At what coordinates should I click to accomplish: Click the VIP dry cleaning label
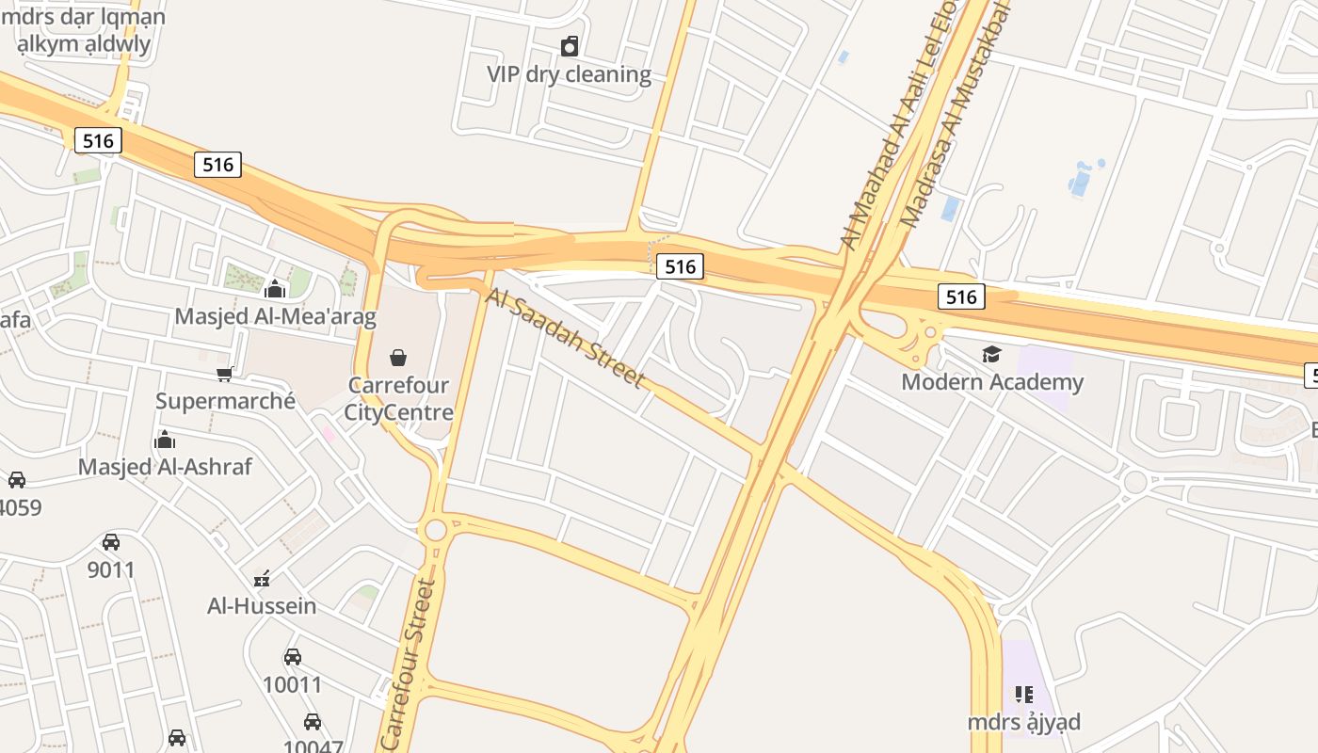pyautogui.click(x=569, y=74)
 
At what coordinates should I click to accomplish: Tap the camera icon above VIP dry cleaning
pyautogui.click(x=570, y=46)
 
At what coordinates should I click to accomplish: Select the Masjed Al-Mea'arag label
pyautogui.click(x=275, y=316)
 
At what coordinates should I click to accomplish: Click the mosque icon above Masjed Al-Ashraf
pyautogui.click(x=165, y=441)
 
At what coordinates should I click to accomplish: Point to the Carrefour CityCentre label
pyautogui.click(x=398, y=399)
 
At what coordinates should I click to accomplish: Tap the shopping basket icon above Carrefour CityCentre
pyautogui.click(x=398, y=358)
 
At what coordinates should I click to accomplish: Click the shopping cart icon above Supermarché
pyautogui.click(x=225, y=374)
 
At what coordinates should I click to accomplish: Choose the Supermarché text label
pyautogui.click(x=225, y=401)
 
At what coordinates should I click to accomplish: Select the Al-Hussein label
pyautogui.click(x=262, y=605)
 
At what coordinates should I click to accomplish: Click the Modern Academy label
pyautogui.click(x=992, y=382)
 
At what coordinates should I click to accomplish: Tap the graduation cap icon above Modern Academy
pyautogui.click(x=991, y=354)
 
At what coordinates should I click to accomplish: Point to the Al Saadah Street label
pyautogui.click(x=566, y=337)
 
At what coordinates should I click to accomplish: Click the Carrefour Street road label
pyautogui.click(x=410, y=664)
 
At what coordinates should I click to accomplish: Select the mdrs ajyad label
pyautogui.click(x=1024, y=722)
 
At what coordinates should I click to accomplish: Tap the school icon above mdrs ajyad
pyautogui.click(x=1024, y=695)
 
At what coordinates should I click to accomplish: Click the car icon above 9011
pyautogui.click(x=111, y=542)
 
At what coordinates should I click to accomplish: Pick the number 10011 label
pyautogui.click(x=292, y=684)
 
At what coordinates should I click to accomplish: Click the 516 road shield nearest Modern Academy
pyautogui.click(x=961, y=297)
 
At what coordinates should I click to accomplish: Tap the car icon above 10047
pyautogui.click(x=313, y=722)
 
